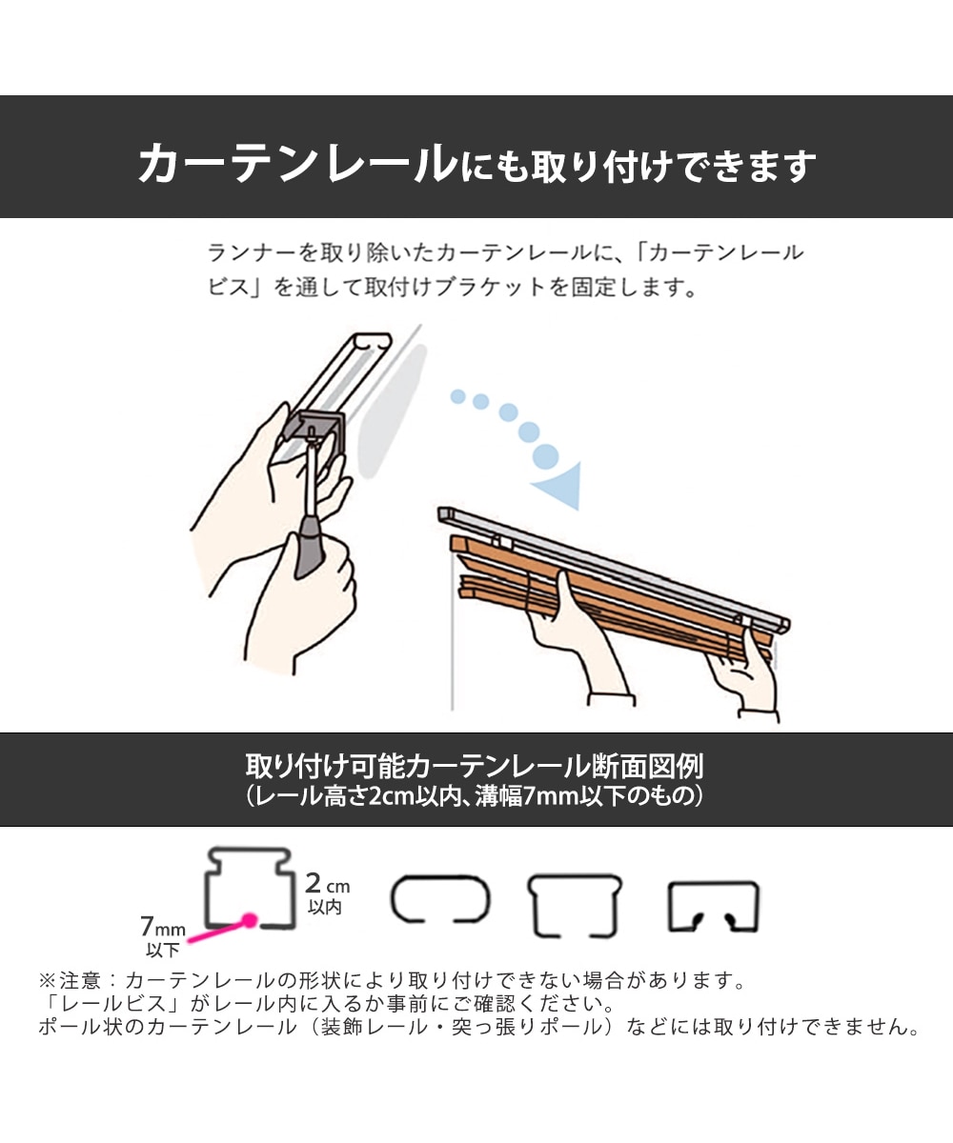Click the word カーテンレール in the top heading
pos(295,164)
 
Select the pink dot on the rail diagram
pos(250,921)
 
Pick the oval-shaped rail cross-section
pos(440,899)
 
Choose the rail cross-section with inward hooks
pos(713,905)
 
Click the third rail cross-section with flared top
pos(575,902)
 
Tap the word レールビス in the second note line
pos(99,1004)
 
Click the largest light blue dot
pos(546,455)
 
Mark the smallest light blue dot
pos(458,396)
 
